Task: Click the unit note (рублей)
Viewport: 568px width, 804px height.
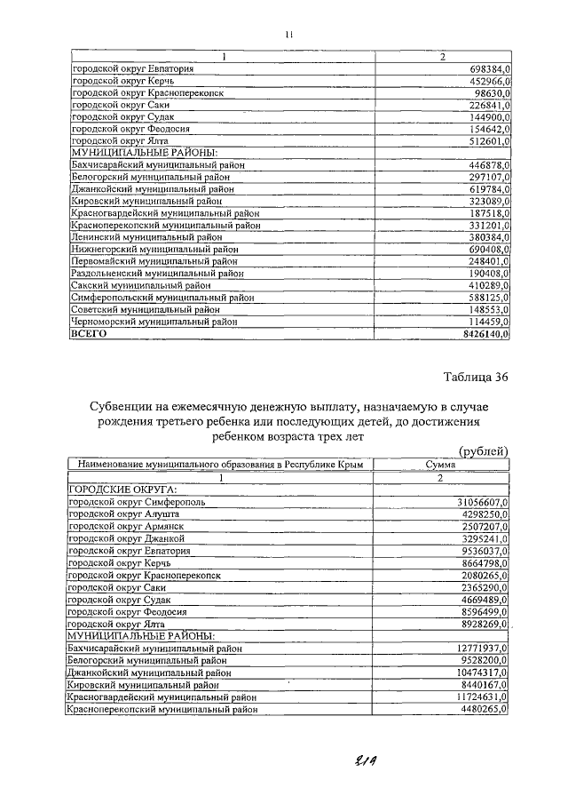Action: (483, 451)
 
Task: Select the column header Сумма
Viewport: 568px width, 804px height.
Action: (441, 465)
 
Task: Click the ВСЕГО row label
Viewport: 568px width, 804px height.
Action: (89, 334)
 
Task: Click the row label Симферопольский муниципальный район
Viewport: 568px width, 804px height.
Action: (162, 298)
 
